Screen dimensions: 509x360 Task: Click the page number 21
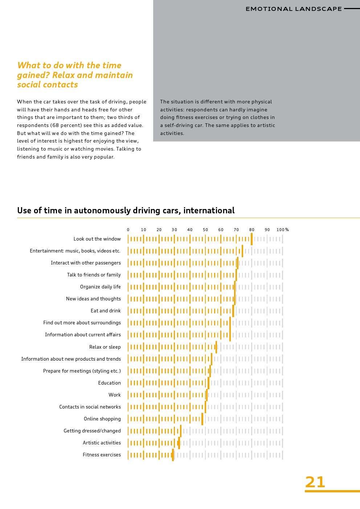click(315, 482)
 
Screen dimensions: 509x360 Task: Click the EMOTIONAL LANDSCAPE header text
click(294, 9)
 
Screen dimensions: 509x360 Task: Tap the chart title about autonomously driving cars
click(126, 210)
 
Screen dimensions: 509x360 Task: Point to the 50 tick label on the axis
click(205, 230)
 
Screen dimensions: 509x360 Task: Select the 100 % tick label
click(282, 230)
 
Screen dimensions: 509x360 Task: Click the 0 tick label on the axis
click(128, 230)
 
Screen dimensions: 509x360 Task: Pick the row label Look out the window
click(97, 239)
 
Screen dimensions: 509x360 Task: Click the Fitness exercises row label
click(102, 455)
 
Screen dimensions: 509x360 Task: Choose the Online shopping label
click(102, 419)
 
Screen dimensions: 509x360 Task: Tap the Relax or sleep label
click(105, 347)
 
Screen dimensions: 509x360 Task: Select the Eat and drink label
click(106, 311)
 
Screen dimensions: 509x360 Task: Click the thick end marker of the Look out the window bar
click(251, 239)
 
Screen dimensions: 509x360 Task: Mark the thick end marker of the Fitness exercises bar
click(173, 455)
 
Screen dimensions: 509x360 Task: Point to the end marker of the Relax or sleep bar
click(216, 347)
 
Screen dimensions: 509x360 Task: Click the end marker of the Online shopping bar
click(202, 419)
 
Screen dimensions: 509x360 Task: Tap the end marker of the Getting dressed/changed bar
click(181, 431)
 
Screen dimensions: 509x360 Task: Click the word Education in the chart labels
click(109, 383)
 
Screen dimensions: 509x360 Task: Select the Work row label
click(114, 395)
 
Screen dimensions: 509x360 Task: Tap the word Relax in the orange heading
click(64, 75)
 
